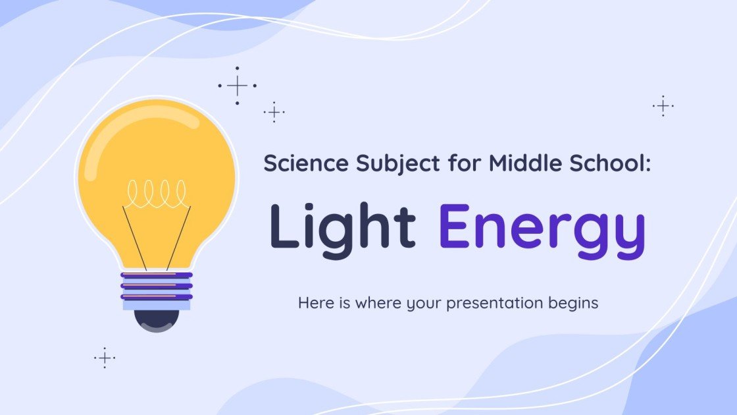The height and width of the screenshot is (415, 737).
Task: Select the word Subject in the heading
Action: coord(386,165)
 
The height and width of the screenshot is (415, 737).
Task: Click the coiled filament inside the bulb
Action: coord(157,192)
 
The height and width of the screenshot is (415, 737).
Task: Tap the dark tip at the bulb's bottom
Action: coord(157,320)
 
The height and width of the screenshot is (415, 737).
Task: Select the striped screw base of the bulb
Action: coord(157,290)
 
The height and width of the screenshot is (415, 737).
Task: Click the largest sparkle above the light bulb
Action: coord(237,86)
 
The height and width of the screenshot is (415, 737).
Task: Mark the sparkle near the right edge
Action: coord(663,106)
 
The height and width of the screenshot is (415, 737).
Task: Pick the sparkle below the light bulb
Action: coord(105,358)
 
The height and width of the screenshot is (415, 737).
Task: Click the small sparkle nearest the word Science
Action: coord(274,112)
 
